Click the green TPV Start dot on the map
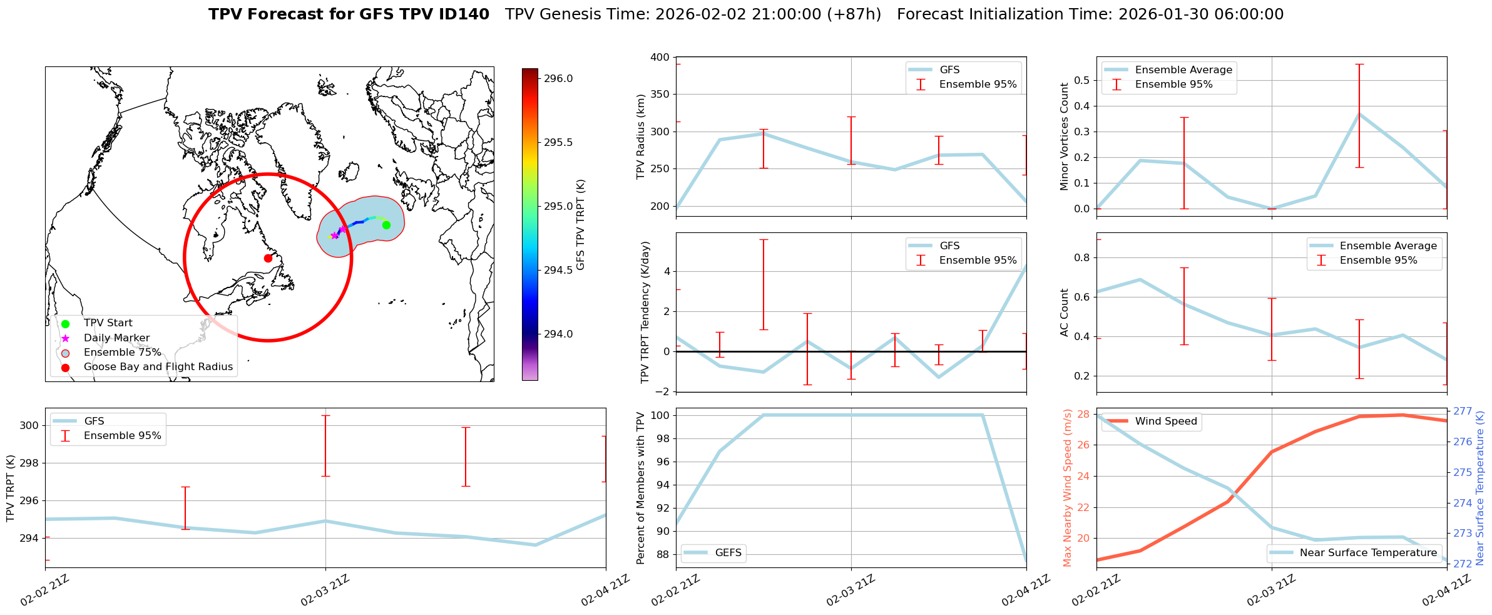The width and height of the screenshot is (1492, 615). (386, 225)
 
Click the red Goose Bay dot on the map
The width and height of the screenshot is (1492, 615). (268, 258)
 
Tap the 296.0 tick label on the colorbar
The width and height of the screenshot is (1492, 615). (558, 78)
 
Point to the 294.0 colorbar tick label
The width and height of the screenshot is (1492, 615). (558, 334)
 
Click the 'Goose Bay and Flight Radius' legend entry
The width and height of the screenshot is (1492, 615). (158, 367)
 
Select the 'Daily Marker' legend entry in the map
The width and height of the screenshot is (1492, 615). (116, 338)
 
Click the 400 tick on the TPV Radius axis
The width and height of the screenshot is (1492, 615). (661, 58)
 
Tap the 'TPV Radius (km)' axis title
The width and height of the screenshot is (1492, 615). (640, 137)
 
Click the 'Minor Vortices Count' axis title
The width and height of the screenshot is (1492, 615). (1064, 137)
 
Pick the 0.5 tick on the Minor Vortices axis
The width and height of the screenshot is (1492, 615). (1081, 80)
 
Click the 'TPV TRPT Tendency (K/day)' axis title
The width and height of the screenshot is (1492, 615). (645, 312)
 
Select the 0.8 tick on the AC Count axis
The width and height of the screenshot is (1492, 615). (1081, 257)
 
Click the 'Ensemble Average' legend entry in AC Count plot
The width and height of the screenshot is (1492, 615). (1388, 246)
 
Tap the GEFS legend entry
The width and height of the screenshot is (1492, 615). (728, 553)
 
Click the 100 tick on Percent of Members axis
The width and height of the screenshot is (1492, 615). (661, 415)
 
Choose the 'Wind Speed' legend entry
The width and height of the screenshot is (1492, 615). (1165, 421)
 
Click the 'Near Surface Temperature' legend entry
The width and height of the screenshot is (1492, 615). (1367, 553)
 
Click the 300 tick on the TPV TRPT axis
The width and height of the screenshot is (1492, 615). (31, 426)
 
